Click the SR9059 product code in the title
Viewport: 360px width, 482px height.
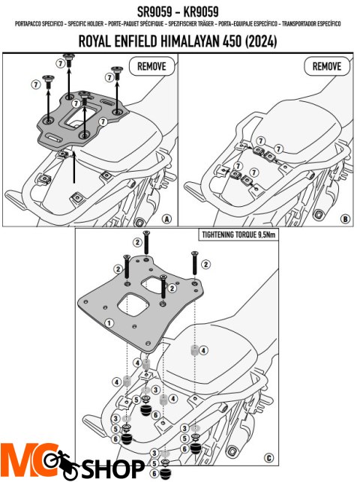[x=154, y=12]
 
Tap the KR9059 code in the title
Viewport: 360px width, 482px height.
[x=201, y=12]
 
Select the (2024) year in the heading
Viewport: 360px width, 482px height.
[x=261, y=41]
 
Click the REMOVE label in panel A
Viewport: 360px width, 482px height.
[x=151, y=66]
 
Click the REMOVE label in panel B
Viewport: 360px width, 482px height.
[x=327, y=66]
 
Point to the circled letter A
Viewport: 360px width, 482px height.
[x=166, y=219]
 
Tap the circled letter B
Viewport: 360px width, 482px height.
[x=345, y=219]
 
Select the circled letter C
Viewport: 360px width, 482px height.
[x=268, y=458]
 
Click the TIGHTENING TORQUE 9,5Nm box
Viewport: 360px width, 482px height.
[x=238, y=235]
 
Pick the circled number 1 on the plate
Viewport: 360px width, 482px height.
[x=109, y=323]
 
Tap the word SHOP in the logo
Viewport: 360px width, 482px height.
[x=112, y=469]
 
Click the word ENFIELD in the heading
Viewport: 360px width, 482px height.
[x=135, y=41]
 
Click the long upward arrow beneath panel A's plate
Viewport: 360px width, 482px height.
[x=73, y=167]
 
